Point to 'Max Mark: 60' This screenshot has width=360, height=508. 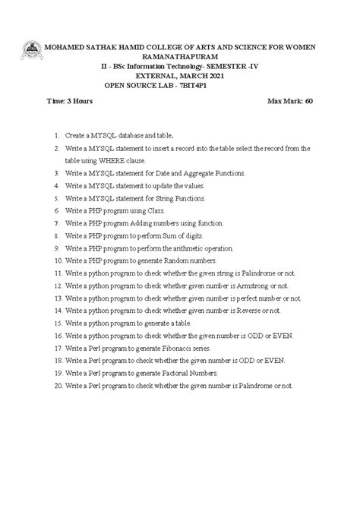[291, 100]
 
